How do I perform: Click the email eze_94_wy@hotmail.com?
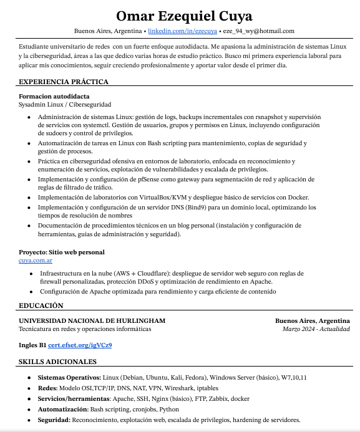[258, 31]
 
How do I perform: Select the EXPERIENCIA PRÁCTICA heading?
[64, 82]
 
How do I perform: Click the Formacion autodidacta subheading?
[54, 96]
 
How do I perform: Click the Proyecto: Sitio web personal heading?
[62, 252]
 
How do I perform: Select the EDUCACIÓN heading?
[41, 305]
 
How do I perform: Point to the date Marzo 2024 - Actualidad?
[316, 329]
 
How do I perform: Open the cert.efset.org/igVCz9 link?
[80, 345]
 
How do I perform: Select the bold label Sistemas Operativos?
[69, 377]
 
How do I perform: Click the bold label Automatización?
[62, 409]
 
